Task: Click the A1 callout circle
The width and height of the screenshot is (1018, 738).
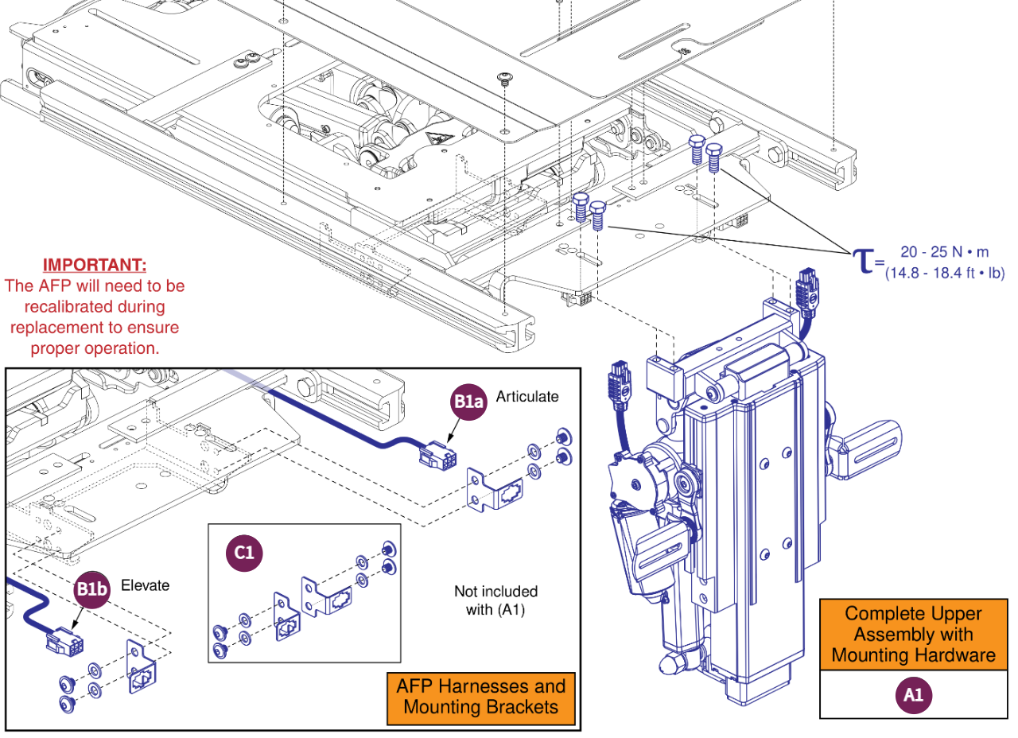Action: click(913, 695)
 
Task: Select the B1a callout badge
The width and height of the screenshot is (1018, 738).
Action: click(468, 402)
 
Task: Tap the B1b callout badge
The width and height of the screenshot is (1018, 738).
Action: click(92, 590)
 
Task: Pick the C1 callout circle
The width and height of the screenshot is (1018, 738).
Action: click(244, 552)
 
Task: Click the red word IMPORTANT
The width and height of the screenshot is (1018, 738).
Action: click(94, 265)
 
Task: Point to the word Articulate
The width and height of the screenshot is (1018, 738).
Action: click(527, 396)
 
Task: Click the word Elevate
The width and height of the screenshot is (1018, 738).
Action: click(146, 585)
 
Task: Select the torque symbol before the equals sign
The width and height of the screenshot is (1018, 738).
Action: click(862, 260)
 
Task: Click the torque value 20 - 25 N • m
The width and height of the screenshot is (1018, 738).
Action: click(945, 252)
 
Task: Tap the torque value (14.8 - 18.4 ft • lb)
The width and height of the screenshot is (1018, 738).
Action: click(945, 273)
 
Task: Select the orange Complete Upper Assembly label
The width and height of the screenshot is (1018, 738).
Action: click(913, 635)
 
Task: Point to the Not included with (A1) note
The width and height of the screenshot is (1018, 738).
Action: click(495, 600)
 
